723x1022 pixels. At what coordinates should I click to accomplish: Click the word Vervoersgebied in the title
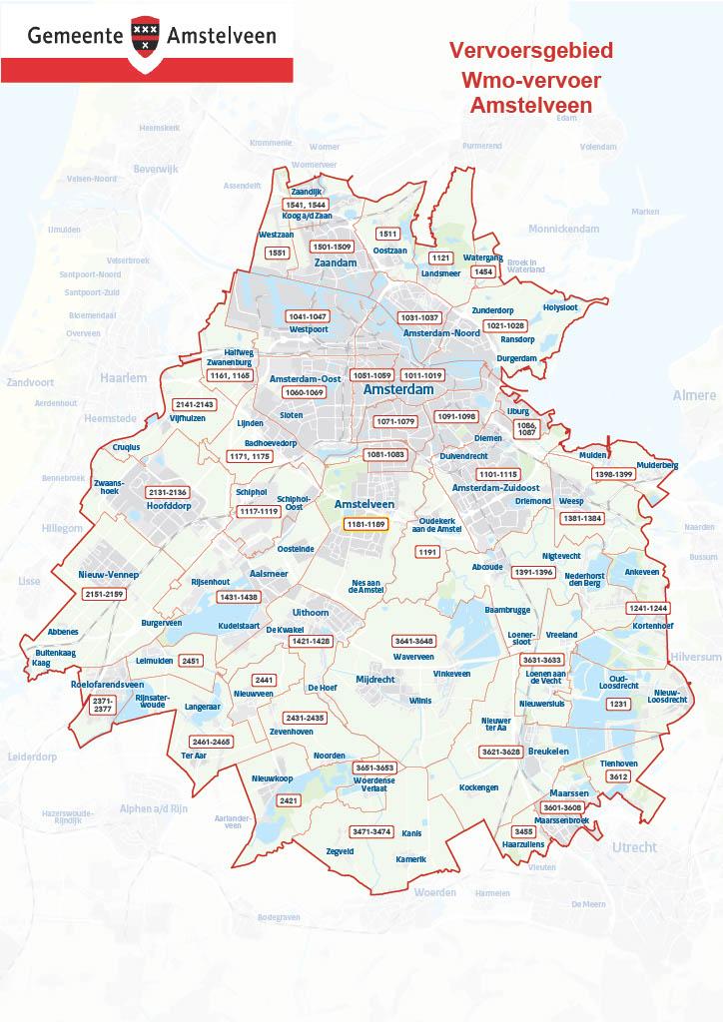click(530, 51)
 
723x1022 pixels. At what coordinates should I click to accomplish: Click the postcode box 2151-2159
click(104, 594)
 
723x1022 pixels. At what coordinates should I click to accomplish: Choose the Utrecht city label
click(634, 847)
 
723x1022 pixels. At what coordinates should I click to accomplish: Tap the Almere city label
click(694, 396)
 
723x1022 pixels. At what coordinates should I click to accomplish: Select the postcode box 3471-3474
click(370, 831)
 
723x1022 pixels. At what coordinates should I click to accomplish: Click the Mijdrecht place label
click(375, 679)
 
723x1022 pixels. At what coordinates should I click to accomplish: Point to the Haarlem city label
click(123, 378)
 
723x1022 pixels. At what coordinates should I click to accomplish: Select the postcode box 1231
click(619, 704)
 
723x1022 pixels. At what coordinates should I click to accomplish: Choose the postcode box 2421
click(290, 800)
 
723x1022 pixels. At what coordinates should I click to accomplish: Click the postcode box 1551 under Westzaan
click(278, 253)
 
